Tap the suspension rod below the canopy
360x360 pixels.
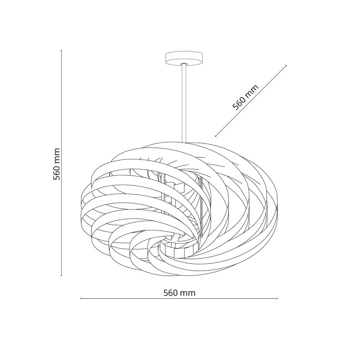[184, 104]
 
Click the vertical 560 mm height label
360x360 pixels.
[57, 164]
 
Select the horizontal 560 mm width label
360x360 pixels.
[180, 293]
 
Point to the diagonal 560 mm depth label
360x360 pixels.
[246, 97]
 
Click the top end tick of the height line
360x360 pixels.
[61, 50]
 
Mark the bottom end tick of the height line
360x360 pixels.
[61, 275]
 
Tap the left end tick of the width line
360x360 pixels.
[81, 298]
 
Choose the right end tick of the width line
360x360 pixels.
[277, 298]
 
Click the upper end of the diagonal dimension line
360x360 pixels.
[286, 66]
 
